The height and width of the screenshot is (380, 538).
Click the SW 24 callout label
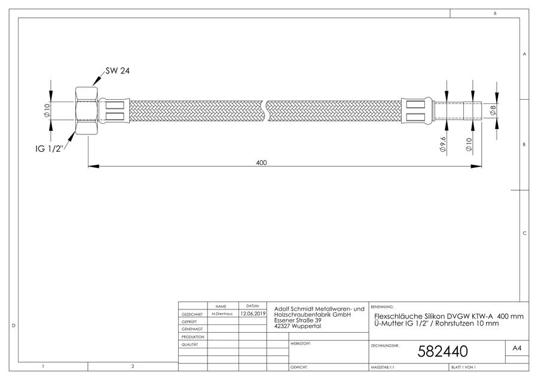pyautogui.click(x=117, y=71)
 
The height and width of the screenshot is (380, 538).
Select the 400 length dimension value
pyautogui.click(x=261, y=163)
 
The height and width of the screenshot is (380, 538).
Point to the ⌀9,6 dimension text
pyautogui.click(x=443, y=145)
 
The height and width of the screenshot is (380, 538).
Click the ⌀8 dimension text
pyautogui.click(x=493, y=110)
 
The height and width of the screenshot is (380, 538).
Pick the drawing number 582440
pyautogui.click(x=442, y=351)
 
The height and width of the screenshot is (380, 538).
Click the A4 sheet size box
pyautogui.click(x=516, y=348)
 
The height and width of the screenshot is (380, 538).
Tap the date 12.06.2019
pyautogui.click(x=253, y=314)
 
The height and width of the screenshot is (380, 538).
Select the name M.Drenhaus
pyautogui.click(x=222, y=314)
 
